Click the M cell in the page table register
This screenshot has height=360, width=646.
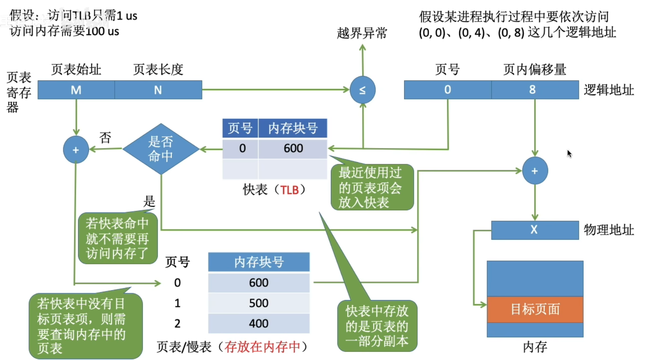click(x=76, y=90)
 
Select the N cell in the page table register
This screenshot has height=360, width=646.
click(x=158, y=90)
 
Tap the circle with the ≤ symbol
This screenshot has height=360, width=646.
click(x=362, y=90)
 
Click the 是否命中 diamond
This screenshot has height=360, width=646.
click(x=161, y=149)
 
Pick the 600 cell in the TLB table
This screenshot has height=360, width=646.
click(x=293, y=148)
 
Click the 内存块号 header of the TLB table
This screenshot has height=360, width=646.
click(x=293, y=128)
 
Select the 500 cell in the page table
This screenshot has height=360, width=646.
click(x=258, y=303)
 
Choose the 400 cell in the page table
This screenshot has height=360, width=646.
click(x=258, y=323)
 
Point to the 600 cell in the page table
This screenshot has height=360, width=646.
click(x=258, y=283)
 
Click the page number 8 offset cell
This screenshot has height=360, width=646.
click(x=532, y=90)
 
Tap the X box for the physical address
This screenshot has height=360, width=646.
click(x=534, y=230)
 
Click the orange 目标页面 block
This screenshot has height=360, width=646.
click(x=535, y=309)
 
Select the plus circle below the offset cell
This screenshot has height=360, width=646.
click(x=535, y=171)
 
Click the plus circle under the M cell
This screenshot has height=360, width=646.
click(x=76, y=150)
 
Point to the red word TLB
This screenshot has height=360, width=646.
click(x=289, y=189)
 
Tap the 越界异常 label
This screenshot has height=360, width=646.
click(x=362, y=33)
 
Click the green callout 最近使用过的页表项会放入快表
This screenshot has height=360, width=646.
click(x=372, y=187)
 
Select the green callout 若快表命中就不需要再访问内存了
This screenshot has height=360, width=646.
click(x=117, y=239)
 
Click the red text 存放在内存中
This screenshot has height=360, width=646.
click(x=262, y=346)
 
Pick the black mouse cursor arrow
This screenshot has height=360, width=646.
click(x=569, y=153)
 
